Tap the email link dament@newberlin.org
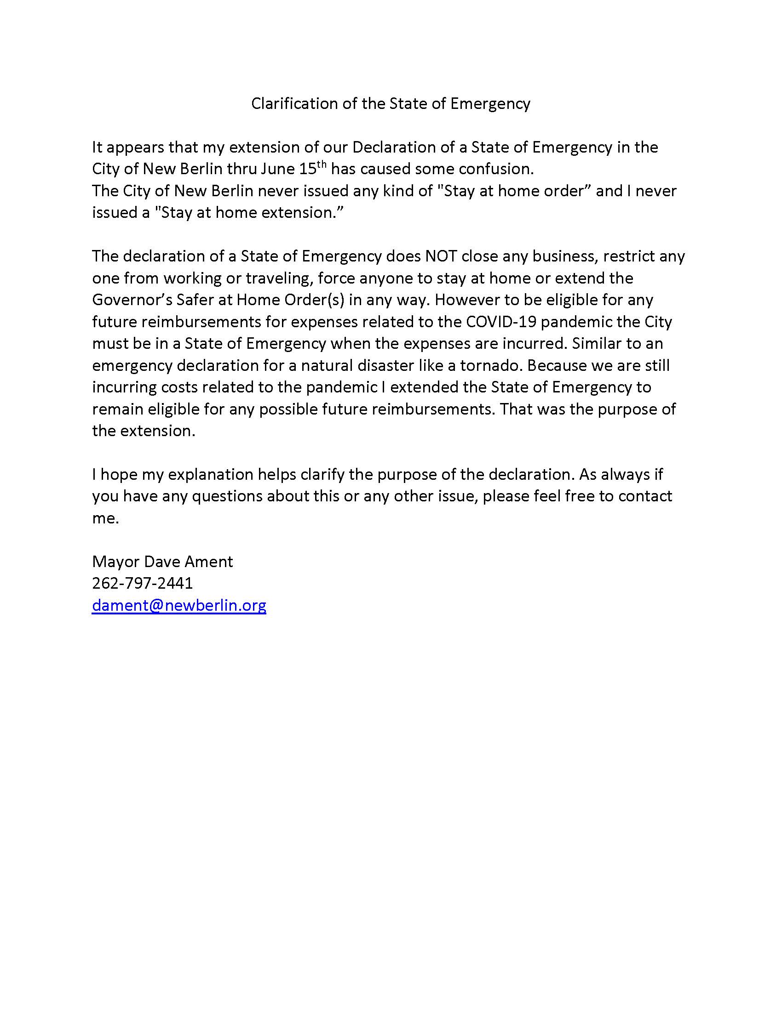tap(179, 605)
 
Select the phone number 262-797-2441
tap(142, 583)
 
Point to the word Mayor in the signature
tap(116, 561)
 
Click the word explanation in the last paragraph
tap(210, 474)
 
